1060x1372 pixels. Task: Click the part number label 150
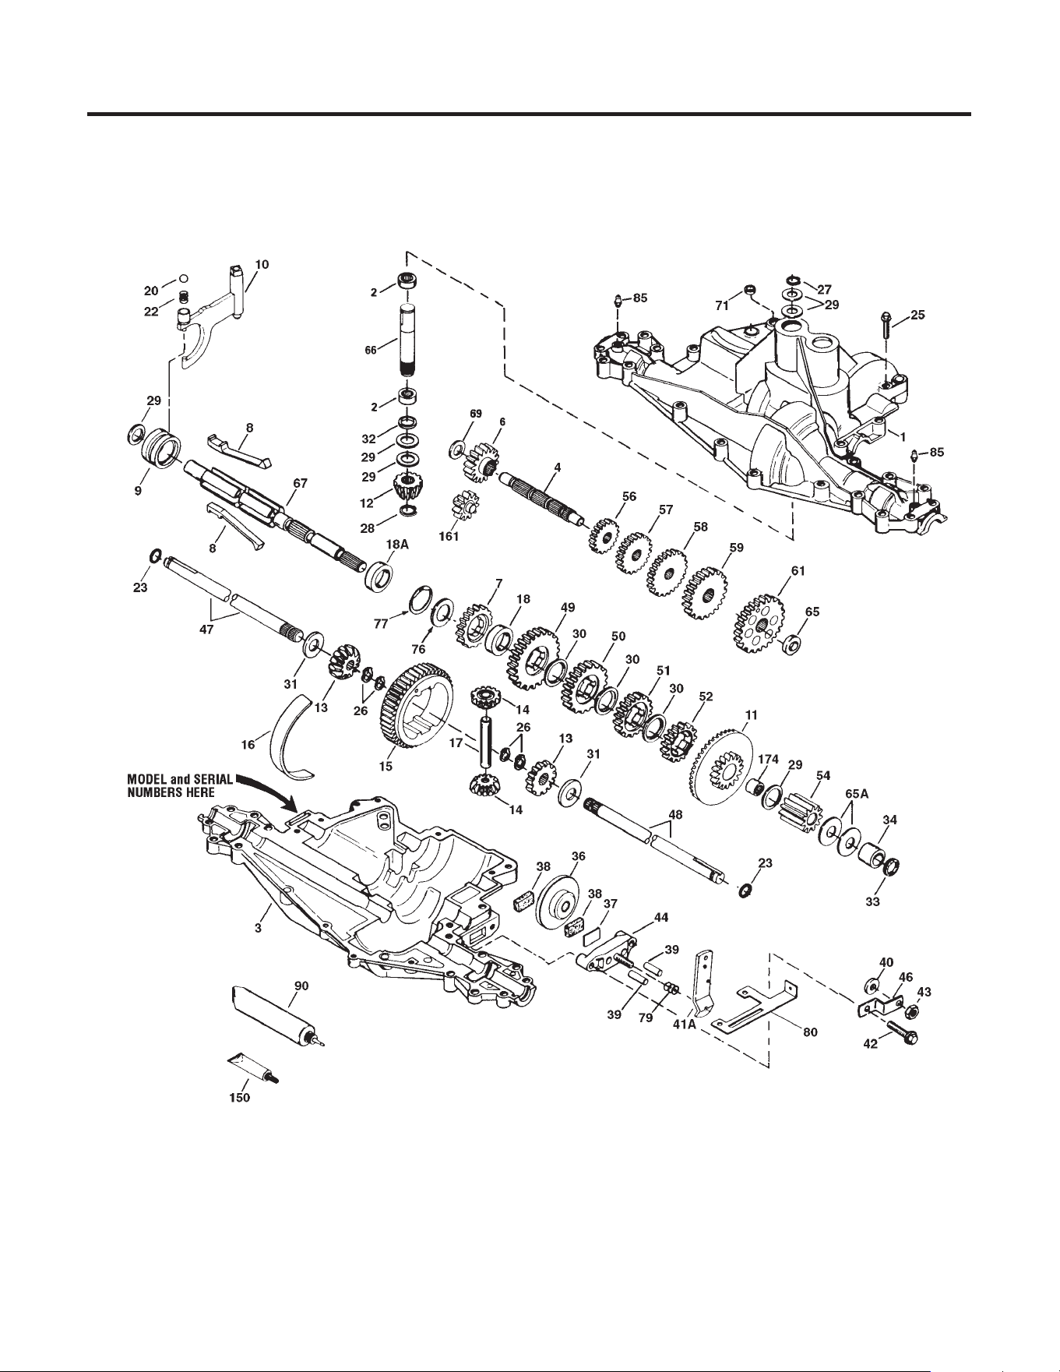tap(239, 1098)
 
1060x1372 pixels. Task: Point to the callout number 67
tap(300, 483)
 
